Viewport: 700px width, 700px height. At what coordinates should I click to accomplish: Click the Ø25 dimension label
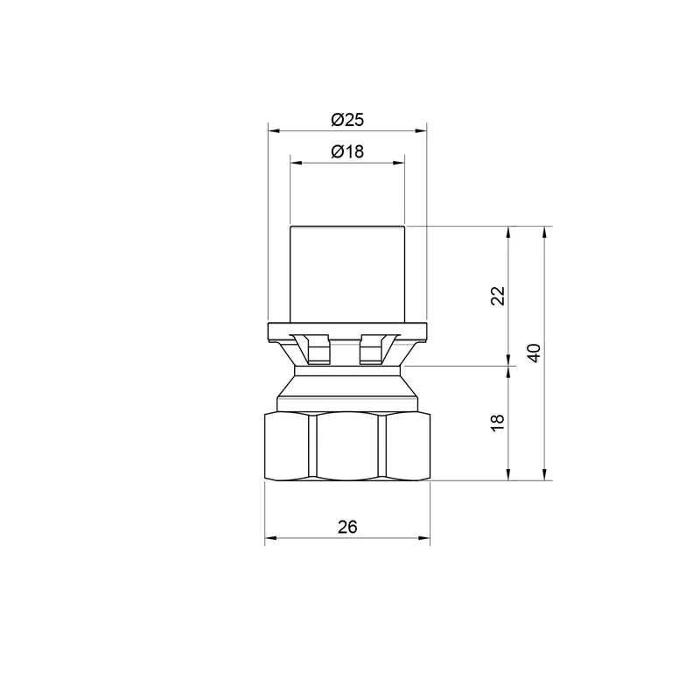[x=347, y=120]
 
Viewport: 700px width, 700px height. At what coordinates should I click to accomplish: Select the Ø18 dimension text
[x=347, y=151]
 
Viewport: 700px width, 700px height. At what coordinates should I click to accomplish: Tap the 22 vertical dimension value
[x=497, y=296]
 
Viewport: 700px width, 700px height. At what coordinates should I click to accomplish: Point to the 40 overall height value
[x=534, y=353]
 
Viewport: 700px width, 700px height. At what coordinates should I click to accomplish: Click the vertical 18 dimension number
[x=497, y=423]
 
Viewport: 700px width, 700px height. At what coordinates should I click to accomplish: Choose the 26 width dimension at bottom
[x=347, y=528]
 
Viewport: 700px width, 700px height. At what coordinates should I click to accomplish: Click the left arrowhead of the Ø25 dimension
[x=274, y=130]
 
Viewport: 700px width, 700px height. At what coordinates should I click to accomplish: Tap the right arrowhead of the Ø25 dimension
[x=421, y=130]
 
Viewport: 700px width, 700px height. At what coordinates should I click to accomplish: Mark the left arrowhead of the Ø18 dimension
[x=296, y=163]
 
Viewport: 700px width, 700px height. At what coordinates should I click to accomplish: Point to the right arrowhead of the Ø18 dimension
[x=399, y=163]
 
